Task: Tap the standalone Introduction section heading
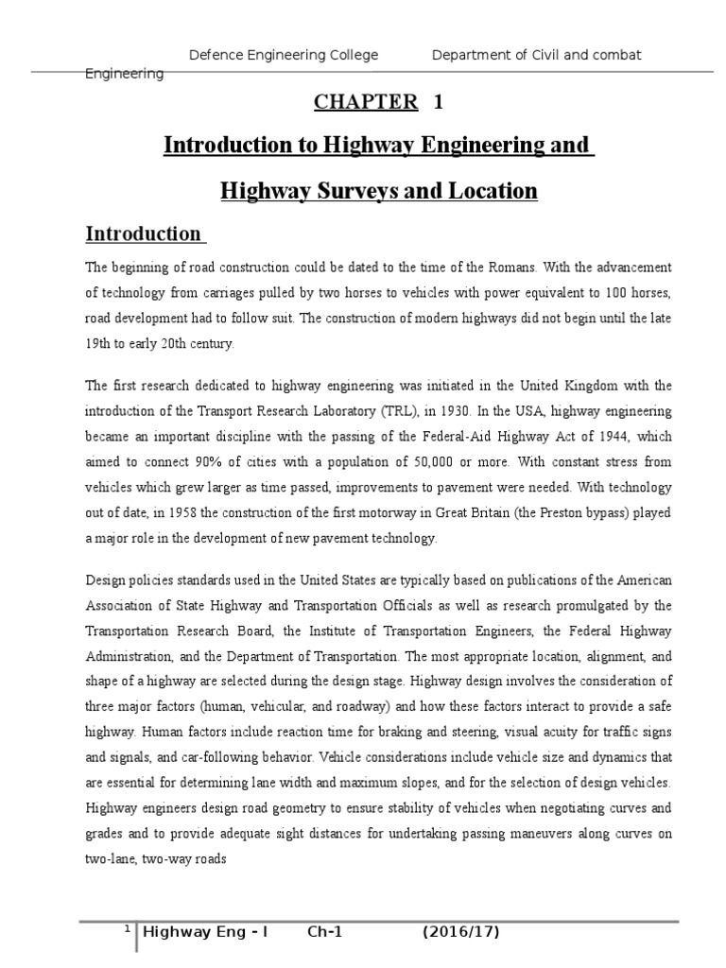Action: click(x=144, y=233)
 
